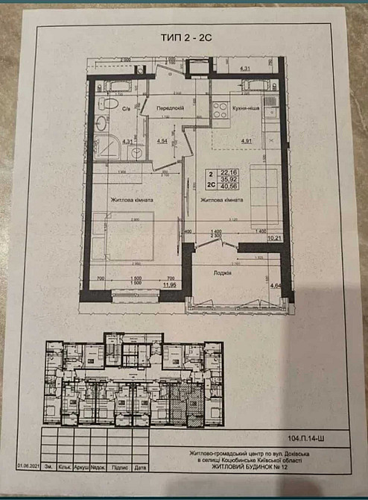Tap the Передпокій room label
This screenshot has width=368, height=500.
(x=171, y=108)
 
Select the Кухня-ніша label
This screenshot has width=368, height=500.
(x=244, y=107)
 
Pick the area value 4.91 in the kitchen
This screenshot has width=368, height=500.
(x=246, y=140)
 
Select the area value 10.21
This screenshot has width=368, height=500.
(x=273, y=239)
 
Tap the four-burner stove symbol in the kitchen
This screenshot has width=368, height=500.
(x=221, y=112)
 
